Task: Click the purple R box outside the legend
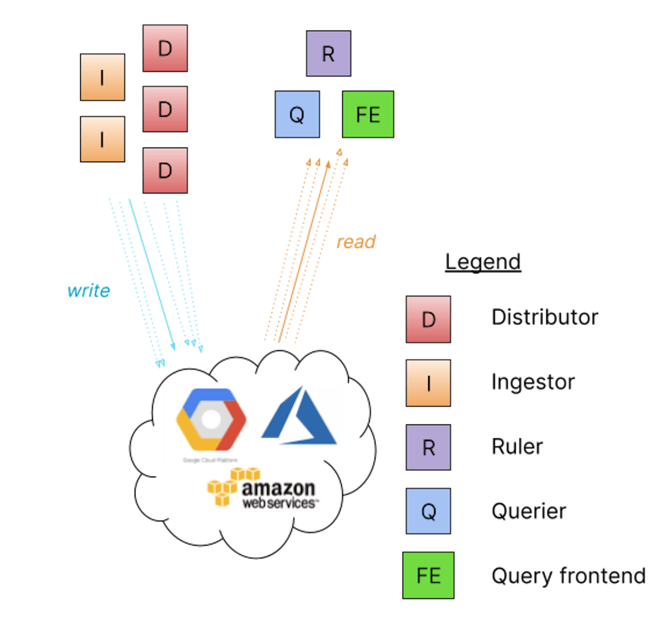tap(328, 53)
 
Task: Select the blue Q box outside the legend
tap(297, 114)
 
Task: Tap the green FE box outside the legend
tap(367, 114)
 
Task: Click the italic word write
tap(89, 290)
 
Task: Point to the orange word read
tap(356, 242)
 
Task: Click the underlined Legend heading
tap(483, 262)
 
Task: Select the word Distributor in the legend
tap(544, 318)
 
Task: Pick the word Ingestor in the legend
tap(532, 382)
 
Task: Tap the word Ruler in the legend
tap(517, 447)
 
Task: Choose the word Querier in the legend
tap(529, 511)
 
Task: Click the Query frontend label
tap(568, 575)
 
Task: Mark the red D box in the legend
tap(428, 319)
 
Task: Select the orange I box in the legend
tap(428, 383)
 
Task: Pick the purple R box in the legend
tap(428, 447)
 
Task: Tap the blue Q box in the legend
tap(428, 511)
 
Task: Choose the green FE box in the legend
tap(428, 575)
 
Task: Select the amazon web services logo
tap(263, 489)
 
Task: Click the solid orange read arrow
tap(304, 251)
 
